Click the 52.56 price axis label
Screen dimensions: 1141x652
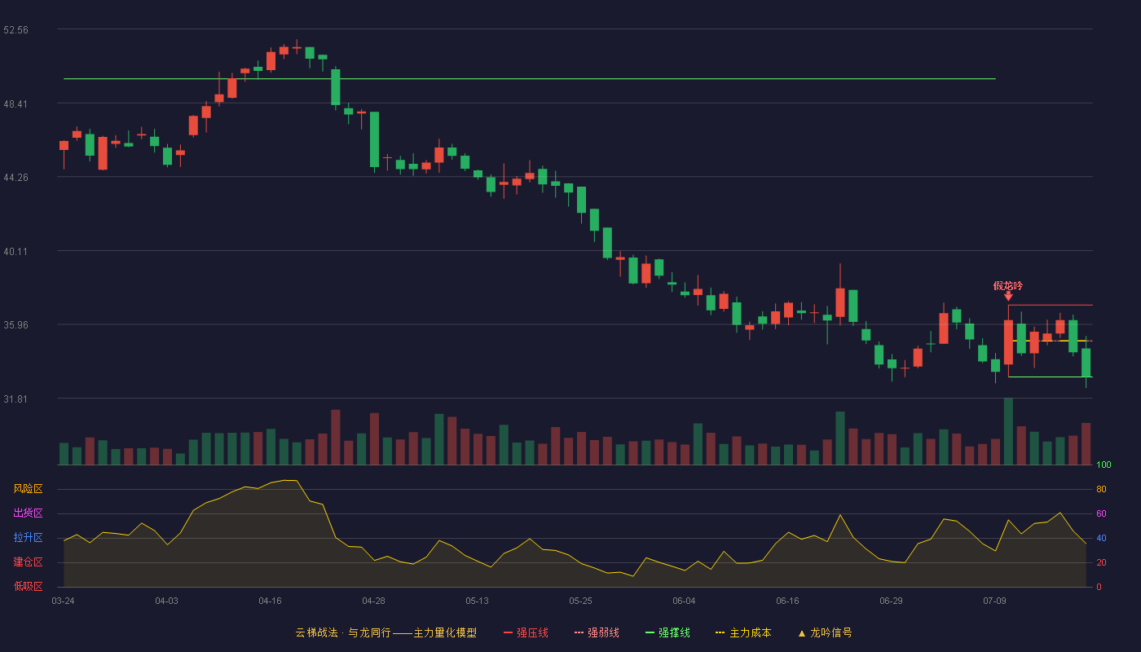15,30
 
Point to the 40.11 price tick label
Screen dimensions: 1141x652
15,252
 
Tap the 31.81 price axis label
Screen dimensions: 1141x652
15,399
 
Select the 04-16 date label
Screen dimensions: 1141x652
270,601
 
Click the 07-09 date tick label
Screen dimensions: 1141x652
994,601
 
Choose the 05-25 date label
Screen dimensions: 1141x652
580,601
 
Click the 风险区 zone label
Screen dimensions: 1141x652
28,489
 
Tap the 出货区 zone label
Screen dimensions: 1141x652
28,513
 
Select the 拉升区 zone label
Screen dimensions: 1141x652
28,537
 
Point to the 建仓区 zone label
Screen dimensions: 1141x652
28,562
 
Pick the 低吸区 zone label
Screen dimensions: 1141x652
28,586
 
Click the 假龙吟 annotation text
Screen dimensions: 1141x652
1007,286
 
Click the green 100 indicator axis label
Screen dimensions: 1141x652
1104,465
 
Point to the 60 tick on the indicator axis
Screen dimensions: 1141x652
1101,513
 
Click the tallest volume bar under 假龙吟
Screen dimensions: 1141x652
1008,431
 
